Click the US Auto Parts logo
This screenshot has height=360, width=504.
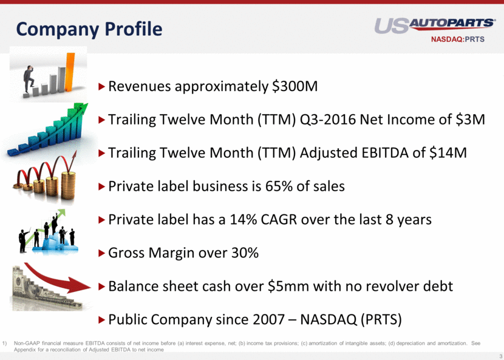coord(435,25)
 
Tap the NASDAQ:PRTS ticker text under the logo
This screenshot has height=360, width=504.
coord(458,39)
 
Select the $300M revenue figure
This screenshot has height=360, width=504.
coord(295,86)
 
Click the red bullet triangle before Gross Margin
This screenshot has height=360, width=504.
coord(102,253)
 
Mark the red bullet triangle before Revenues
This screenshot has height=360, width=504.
coord(102,86)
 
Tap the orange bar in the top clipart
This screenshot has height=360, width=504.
coord(69,72)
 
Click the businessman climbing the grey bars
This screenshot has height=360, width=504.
coord(29,80)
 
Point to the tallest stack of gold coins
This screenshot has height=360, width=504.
coord(69,186)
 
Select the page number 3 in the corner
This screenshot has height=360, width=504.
coord(501,356)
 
